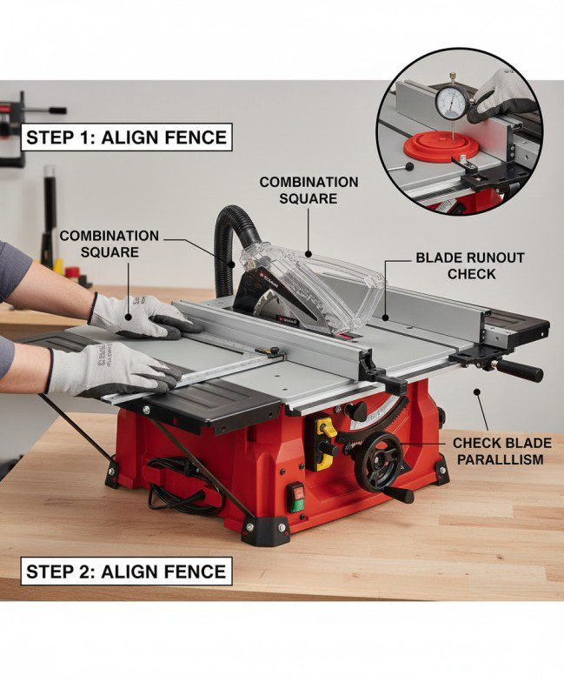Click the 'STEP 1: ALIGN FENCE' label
(127, 137)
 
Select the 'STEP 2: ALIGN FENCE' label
(127, 572)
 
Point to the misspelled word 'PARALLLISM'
(501, 458)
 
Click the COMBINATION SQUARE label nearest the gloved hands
(109, 244)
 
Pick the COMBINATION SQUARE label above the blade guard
(309, 190)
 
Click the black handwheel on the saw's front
(382, 460)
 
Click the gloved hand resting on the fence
(139, 314)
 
